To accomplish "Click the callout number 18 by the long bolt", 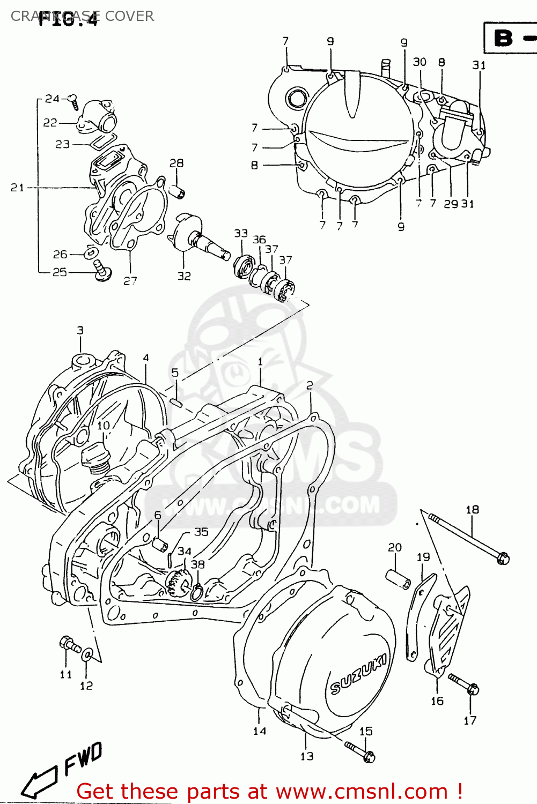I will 472,510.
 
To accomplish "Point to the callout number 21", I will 17,188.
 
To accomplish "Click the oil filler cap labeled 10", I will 95,459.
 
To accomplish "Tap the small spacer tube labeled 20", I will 399,579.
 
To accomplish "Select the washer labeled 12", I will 87,654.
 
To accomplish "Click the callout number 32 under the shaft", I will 184,276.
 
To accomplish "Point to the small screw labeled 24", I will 73,101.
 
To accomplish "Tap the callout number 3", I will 80,330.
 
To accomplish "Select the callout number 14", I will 260,731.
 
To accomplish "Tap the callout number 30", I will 420,62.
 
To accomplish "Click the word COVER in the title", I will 129,16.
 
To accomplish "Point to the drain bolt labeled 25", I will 101,271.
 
